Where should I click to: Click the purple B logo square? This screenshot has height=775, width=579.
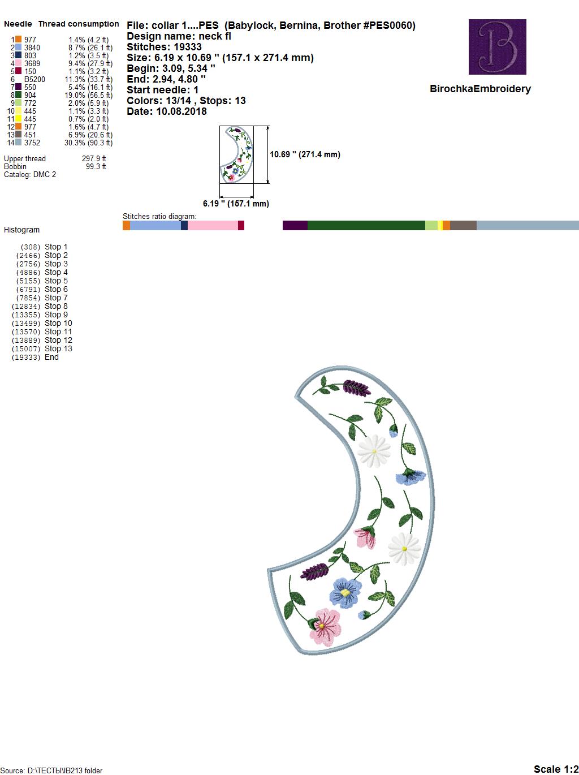(497, 46)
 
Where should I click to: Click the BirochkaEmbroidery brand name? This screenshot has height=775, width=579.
(480, 89)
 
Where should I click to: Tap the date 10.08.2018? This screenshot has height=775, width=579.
(182, 111)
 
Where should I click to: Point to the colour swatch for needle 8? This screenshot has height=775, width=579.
(18, 94)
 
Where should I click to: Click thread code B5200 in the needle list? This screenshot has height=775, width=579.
(34, 79)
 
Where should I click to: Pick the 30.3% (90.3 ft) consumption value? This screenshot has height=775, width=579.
(88, 143)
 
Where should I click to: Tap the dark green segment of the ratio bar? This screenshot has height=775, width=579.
(366, 225)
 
